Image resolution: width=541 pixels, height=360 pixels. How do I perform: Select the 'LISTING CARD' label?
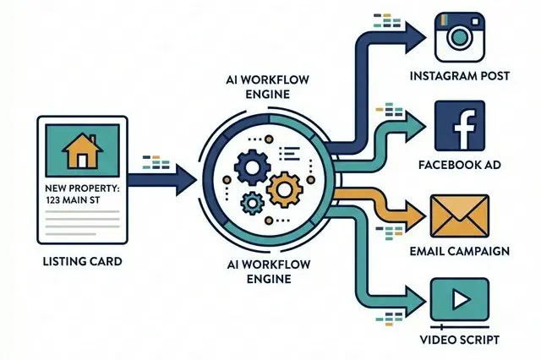click(81, 262)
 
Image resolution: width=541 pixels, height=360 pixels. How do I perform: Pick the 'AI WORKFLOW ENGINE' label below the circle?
click(270, 271)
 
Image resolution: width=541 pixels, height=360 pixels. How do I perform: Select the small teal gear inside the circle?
click(251, 202)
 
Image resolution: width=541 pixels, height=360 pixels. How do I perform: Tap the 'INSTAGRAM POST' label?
click(460, 77)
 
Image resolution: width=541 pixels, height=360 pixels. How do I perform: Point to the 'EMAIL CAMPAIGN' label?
click(460, 251)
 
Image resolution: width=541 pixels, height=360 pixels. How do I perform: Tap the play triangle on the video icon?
click(462, 297)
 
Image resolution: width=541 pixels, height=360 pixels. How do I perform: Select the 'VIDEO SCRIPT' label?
click(460, 341)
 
